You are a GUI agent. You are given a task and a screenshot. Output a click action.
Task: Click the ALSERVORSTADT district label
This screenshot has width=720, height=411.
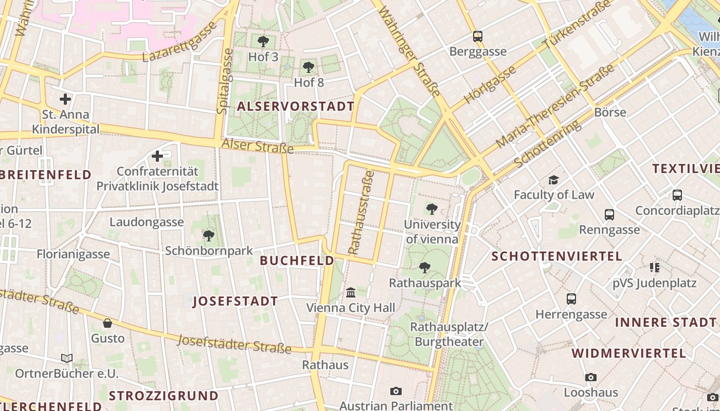pyautogui.click(x=296, y=106)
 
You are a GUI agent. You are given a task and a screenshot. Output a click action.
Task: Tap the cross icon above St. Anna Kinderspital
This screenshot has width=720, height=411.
pyautogui.click(x=65, y=99)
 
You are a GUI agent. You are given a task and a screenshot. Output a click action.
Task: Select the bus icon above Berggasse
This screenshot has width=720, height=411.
pyautogui.click(x=478, y=36)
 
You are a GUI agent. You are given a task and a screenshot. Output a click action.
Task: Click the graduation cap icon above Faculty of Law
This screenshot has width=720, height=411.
pyautogui.click(x=553, y=180)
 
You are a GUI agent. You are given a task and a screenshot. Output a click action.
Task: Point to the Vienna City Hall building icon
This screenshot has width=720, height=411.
pyautogui.click(x=351, y=292)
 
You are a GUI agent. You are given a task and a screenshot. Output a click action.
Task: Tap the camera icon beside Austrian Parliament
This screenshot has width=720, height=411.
pyautogui.click(x=395, y=391)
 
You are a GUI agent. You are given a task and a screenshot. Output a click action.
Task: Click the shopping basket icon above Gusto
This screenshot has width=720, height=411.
pyautogui.click(x=107, y=323)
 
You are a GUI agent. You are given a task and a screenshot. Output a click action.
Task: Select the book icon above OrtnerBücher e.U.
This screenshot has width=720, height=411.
pyautogui.click(x=66, y=358)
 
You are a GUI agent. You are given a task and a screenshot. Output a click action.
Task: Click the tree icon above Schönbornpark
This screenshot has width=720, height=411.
pyautogui.click(x=208, y=236)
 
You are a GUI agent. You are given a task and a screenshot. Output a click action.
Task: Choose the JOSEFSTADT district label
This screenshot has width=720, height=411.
pyautogui.click(x=235, y=302)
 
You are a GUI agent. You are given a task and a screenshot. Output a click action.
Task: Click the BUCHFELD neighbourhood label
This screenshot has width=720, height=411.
pyautogui.click(x=297, y=260)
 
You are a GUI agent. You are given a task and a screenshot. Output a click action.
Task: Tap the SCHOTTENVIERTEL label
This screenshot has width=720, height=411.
pyautogui.click(x=556, y=256)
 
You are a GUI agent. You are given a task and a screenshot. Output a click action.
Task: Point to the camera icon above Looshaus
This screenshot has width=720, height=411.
pyautogui.click(x=590, y=378)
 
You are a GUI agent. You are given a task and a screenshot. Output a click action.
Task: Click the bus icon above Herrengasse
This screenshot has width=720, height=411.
pyautogui.click(x=571, y=298)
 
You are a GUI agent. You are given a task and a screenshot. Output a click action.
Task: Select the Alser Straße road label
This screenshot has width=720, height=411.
pyautogui.click(x=257, y=146)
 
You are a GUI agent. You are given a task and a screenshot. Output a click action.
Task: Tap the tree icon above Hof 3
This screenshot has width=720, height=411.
pyautogui.click(x=263, y=42)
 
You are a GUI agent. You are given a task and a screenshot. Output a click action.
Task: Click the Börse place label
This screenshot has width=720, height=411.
pyautogui.click(x=610, y=112)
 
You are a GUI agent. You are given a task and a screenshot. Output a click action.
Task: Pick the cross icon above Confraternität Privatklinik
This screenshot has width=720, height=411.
pyautogui.click(x=157, y=156)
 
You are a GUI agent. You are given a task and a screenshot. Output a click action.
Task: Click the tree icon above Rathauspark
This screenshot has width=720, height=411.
pyautogui.click(x=424, y=267)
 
